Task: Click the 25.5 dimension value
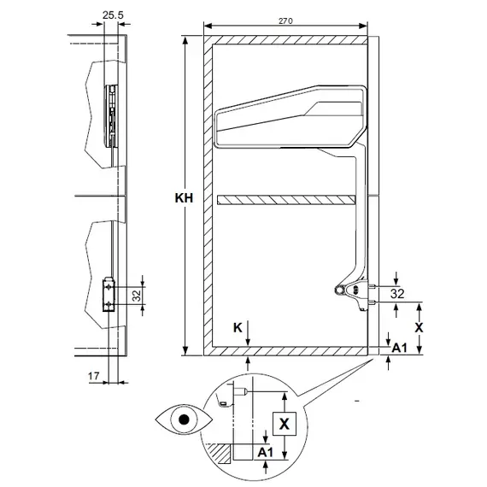tap(113, 15)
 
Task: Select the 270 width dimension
tap(285, 21)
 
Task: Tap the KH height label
tap(184, 198)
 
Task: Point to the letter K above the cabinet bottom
tap(238, 327)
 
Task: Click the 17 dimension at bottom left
tap(93, 376)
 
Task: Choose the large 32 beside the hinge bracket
tap(397, 294)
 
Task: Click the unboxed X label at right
tap(419, 327)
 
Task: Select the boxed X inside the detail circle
tap(285, 424)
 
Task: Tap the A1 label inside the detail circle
tap(265, 452)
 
